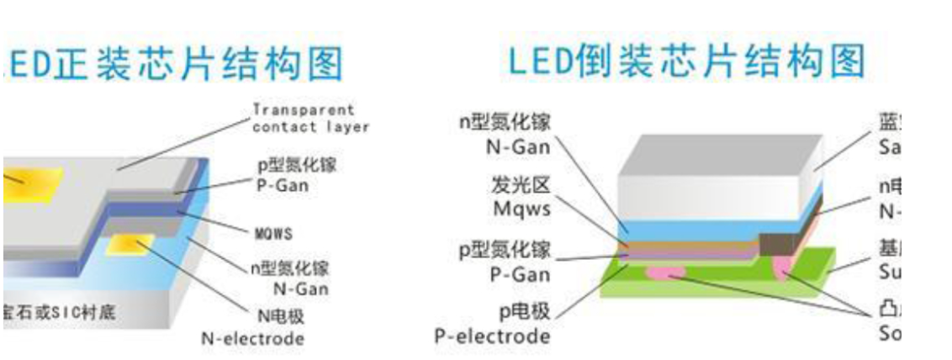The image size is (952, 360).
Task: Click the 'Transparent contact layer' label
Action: pyautogui.click(x=309, y=119)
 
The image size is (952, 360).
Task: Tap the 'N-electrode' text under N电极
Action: pyautogui.click(x=251, y=338)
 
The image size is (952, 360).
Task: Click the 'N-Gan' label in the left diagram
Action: pyautogui.click(x=299, y=289)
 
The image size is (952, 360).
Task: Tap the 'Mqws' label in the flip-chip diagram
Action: pyautogui.click(x=521, y=209)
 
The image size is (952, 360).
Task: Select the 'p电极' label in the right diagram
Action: pyautogui.click(x=523, y=313)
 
